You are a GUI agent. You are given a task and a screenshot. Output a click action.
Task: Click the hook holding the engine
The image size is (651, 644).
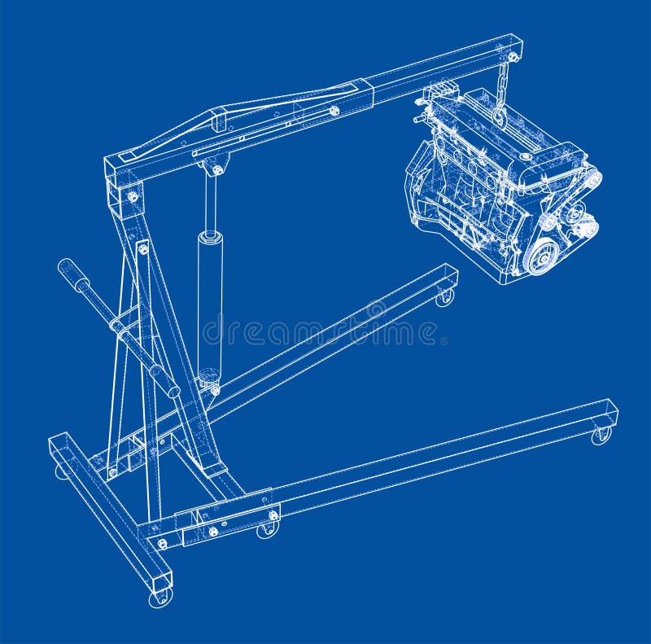(x=500, y=118)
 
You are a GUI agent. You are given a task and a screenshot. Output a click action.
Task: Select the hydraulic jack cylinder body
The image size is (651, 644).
(x=210, y=301)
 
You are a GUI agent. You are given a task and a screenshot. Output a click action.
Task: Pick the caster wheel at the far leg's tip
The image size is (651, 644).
(x=444, y=297)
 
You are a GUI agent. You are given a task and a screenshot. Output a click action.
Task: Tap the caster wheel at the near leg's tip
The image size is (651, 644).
(x=601, y=436)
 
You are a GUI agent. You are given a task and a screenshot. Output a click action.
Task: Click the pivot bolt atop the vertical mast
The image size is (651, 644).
(x=132, y=196)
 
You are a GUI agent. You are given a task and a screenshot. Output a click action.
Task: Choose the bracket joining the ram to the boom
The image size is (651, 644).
(x=216, y=168)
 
